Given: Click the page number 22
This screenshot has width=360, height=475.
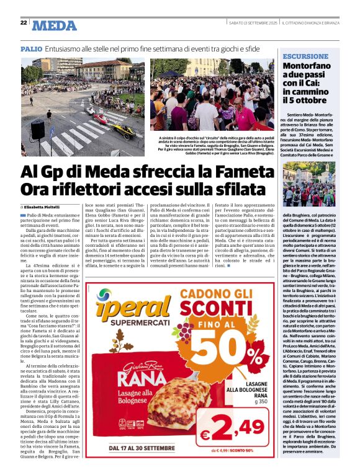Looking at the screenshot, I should click(24, 23).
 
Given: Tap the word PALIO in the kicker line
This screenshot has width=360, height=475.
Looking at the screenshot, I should click(32, 48).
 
